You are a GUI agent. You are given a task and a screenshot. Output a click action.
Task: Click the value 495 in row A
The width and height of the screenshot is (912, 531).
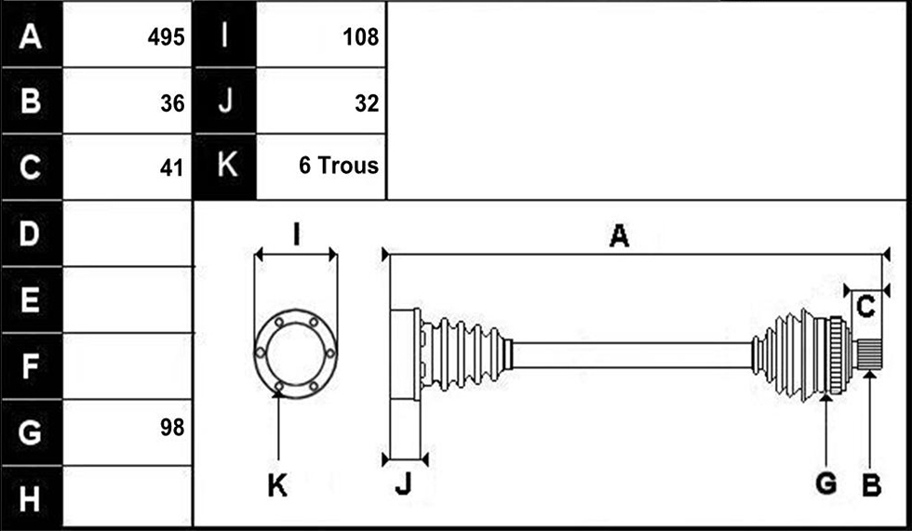[166, 37]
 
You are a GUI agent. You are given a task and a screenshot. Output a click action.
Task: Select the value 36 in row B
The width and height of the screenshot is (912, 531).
[172, 103]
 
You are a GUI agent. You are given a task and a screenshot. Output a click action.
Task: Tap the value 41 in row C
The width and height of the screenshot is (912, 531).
[171, 168]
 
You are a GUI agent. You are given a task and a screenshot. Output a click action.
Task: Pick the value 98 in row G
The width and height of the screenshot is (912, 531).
[172, 428]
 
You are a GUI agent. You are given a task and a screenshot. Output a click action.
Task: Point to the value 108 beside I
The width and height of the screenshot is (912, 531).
[361, 37]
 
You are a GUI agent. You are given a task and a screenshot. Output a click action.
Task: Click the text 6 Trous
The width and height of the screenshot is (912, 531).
[339, 166]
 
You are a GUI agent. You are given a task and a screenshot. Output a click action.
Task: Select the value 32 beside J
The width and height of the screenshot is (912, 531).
[367, 103]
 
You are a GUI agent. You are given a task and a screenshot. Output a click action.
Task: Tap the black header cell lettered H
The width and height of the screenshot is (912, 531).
[32, 498]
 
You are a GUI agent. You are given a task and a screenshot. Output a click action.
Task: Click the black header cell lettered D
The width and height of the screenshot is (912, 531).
[32, 233]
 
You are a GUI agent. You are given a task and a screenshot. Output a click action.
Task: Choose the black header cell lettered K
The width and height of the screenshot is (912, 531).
[224, 166]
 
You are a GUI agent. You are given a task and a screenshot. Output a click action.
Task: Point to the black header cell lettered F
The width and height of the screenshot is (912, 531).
[32, 366]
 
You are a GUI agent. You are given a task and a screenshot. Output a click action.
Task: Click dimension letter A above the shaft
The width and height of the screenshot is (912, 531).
[619, 236]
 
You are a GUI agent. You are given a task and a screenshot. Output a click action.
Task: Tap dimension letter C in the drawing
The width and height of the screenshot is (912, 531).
[866, 307]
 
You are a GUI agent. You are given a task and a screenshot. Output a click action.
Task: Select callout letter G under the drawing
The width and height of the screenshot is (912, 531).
[826, 484]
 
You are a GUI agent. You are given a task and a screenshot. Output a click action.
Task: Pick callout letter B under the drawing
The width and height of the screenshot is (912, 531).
[871, 485]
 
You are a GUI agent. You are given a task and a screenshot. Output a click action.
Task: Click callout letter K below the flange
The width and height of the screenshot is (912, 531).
[277, 485]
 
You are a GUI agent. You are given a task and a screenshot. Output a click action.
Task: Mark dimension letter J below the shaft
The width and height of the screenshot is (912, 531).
[402, 484]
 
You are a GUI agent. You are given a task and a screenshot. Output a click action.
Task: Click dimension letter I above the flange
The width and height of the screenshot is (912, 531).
[297, 234]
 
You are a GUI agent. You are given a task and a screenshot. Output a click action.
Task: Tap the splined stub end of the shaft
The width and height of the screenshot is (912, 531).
[867, 355]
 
